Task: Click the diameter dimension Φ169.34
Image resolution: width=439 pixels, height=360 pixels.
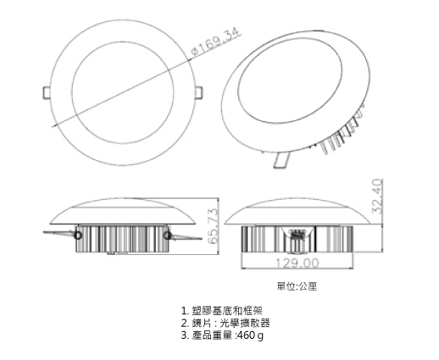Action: click(x=216, y=42)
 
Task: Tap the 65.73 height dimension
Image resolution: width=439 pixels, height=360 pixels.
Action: click(x=213, y=226)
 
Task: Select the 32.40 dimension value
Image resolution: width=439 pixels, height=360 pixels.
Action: click(x=377, y=197)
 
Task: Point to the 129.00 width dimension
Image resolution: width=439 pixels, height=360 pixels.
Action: click(x=297, y=263)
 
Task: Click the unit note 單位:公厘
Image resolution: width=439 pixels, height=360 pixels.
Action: click(x=297, y=286)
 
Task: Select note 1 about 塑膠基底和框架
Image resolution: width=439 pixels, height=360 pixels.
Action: click(x=222, y=311)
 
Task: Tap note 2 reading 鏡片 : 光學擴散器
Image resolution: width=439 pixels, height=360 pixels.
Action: click(x=225, y=323)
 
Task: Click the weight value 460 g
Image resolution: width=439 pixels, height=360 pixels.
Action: click(x=250, y=335)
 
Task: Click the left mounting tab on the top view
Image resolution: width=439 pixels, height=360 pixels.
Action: click(x=47, y=93)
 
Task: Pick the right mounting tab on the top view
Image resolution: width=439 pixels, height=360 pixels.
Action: click(x=199, y=93)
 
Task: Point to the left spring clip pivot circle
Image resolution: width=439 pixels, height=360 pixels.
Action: click(x=77, y=235)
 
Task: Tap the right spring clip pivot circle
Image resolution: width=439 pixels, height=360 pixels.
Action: click(x=168, y=235)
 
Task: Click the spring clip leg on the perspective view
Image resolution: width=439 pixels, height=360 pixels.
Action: click(x=281, y=160)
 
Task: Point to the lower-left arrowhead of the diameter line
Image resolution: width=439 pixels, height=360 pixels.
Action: click(x=54, y=125)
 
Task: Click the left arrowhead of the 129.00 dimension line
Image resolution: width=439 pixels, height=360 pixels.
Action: click(x=244, y=268)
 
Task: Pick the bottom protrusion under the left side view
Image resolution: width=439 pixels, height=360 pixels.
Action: click(x=118, y=253)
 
